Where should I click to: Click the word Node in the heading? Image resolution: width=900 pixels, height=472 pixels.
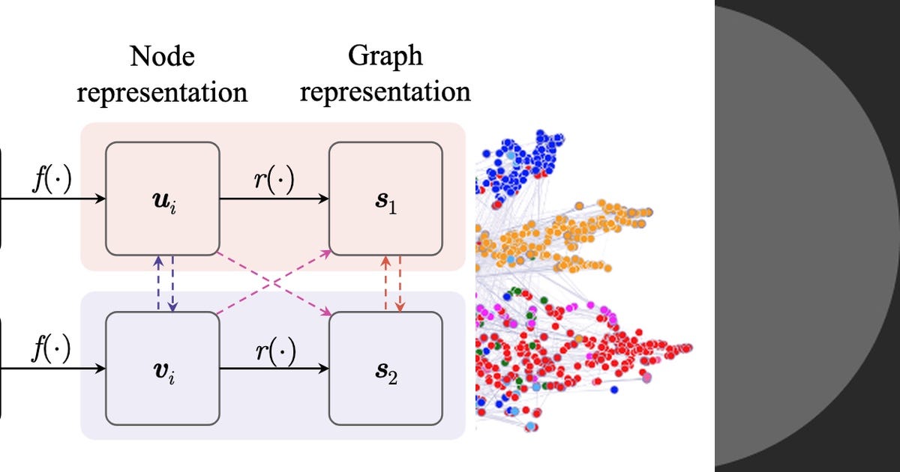click(162, 56)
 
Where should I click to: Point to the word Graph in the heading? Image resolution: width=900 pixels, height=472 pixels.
click(385, 56)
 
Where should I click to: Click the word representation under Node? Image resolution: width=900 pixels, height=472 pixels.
click(162, 91)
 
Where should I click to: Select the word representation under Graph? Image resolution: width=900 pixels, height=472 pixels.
click(390, 91)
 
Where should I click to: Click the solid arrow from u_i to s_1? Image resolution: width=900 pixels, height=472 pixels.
click(274, 199)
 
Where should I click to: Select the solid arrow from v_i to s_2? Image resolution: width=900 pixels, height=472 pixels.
click(274, 369)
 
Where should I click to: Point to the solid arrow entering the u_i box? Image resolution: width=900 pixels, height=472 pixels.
click(52, 199)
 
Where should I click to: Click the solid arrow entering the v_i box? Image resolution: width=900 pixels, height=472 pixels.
click(52, 369)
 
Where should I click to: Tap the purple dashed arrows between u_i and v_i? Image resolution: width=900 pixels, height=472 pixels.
click(165, 282)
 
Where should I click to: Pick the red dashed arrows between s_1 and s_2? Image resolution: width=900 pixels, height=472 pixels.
click(392, 282)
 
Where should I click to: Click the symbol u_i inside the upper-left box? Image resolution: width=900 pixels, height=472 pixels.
click(163, 203)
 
